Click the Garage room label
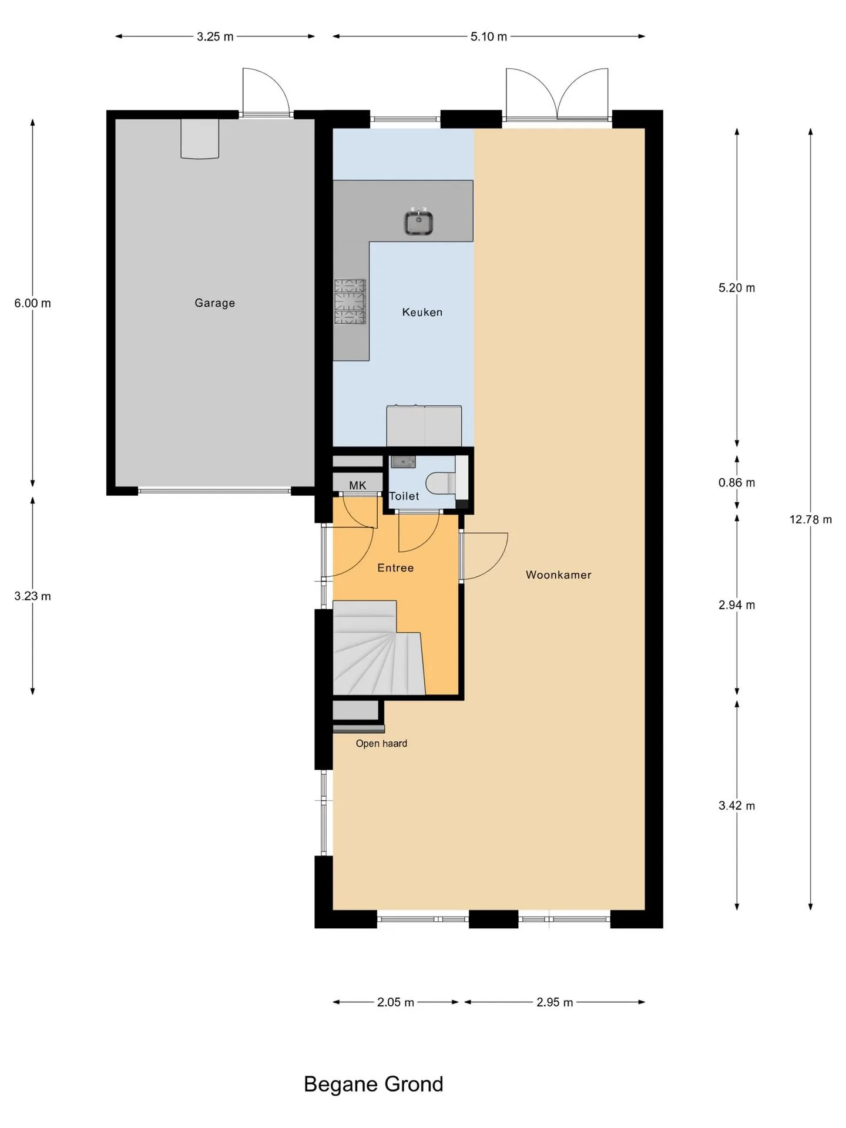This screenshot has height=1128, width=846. click(x=214, y=303)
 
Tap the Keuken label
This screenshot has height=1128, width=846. click(x=422, y=312)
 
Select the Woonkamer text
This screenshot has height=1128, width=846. click(x=558, y=575)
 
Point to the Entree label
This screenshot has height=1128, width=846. click(x=395, y=568)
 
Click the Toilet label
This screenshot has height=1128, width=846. click(x=404, y=496)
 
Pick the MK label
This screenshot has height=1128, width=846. click(x=357, y=485)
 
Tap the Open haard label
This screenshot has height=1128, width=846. click(x=381, y=743)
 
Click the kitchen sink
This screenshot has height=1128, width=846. click(x=418, y=223)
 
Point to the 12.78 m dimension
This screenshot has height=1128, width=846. click(x=810, y=519)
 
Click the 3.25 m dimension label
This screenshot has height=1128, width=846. click(x=215, y=36)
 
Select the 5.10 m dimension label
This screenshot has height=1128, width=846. click(x=488, y=36)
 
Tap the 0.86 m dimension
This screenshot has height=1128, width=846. click(x=737, y=482)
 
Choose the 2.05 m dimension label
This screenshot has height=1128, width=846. click(x=395, y=1002)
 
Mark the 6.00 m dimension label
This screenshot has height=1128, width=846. click(x=32, y=303)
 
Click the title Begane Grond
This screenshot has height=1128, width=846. click(x=373, y=1084)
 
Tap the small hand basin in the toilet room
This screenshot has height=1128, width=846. click(x=403, y=462)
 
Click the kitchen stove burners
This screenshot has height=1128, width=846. click(x=350, y=302)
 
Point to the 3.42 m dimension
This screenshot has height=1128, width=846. click(x=737, y=805)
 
